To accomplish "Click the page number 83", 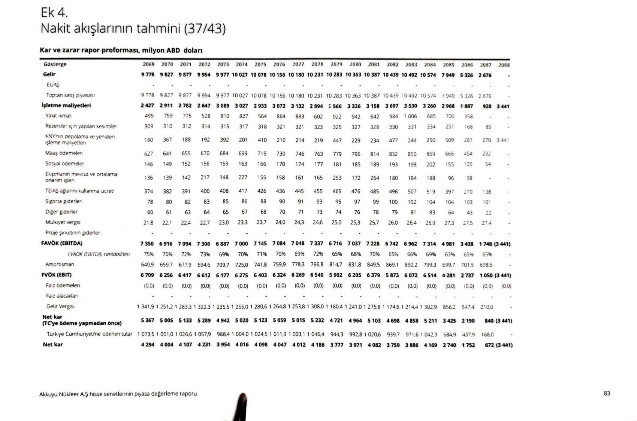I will point(607,393).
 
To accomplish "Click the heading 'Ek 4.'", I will point(54,13).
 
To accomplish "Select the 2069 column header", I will point(148,64).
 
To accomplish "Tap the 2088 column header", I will point(504,65).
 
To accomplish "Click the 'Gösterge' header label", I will point(55,64).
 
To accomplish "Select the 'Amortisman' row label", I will point(60,264).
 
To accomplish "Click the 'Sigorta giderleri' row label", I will point(64,201).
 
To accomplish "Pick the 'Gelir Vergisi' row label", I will point(60,306).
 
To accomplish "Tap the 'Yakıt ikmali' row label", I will point(58,116).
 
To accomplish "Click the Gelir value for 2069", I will point(148,74).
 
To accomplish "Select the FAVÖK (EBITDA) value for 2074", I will point(241,244).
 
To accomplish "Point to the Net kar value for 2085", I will point(449,345).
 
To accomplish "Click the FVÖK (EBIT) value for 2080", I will point(354,275).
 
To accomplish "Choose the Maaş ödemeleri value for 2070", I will point(167,153).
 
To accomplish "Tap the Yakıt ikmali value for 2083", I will point(410,116).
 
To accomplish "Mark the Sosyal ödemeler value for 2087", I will point(487,164).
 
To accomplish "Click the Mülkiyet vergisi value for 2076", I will point(280,222).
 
